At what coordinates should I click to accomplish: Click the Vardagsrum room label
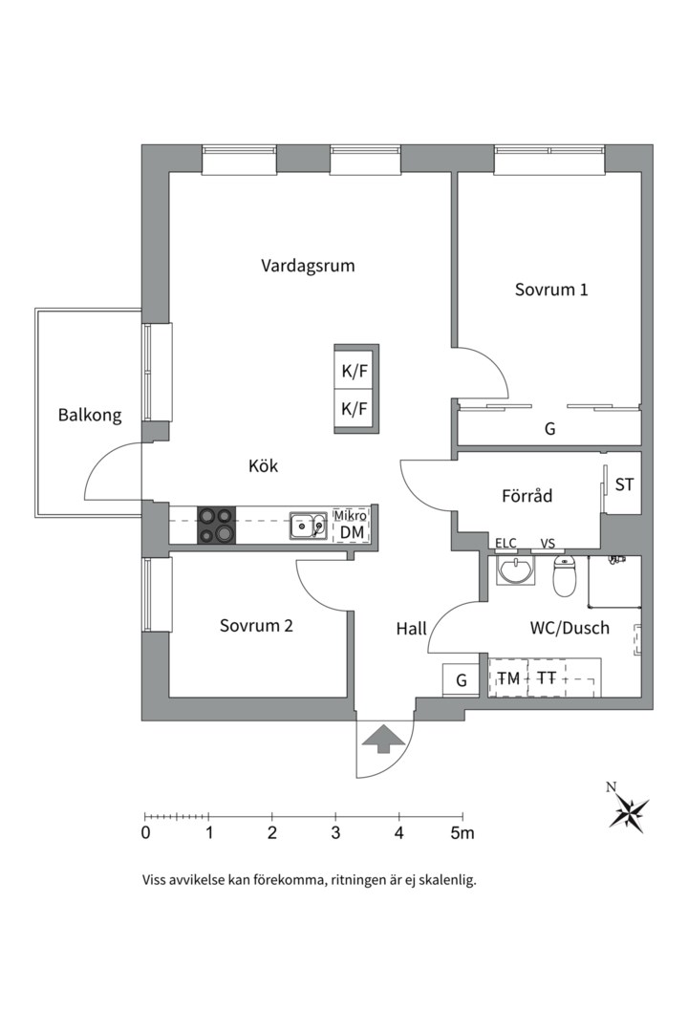(x=308, y=266)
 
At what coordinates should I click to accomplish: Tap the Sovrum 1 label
(x=550, y=289)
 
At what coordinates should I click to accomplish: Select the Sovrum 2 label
(x=256, y=626)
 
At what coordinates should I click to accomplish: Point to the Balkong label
(x=90, y=415)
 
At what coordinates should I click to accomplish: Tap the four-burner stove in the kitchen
(x=216, y=526)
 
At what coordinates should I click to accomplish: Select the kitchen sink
(x=309, y=526)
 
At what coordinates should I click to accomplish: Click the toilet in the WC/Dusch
(x=566, y=575)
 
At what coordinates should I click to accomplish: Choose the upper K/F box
(x=355, y=372)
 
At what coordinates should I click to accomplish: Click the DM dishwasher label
(x=352, y=532)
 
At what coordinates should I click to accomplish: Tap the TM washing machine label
(x=508, y=678)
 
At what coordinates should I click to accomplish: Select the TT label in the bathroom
(x=547, y=678)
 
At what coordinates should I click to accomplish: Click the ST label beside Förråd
(x=624, y=484)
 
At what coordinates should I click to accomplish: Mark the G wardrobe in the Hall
(x=461, y=680)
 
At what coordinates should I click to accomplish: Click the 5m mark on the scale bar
(x=462, y=832)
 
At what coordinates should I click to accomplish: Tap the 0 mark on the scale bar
(x=145, y=832)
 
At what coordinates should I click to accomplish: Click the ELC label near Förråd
(x=505, y=544)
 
